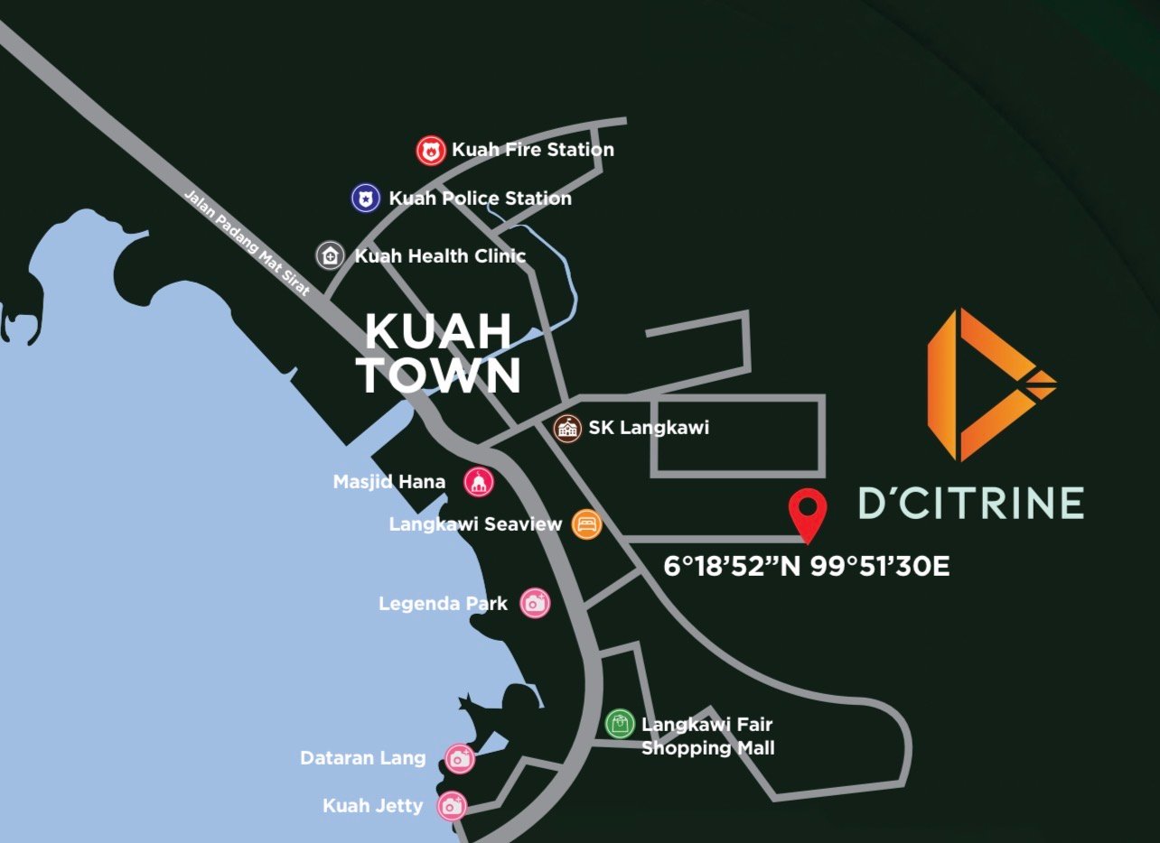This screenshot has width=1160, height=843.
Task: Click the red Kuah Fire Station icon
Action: pos(431,151)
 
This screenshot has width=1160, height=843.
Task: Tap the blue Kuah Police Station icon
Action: pos(365,199)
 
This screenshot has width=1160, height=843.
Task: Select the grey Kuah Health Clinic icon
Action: pos(331,255)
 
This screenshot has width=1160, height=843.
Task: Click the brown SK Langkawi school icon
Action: pos(567,428)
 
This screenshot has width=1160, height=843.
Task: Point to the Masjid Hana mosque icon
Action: pos(479,482)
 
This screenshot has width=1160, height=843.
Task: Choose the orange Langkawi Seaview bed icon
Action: pos(586,524)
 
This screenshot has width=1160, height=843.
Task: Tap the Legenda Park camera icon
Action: pos(536,603)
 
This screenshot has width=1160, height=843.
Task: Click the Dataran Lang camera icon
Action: pos(461,758)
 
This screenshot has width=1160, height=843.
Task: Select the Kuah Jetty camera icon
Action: pos(452,806)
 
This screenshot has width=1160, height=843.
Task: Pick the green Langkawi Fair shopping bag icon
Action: pos(620,724)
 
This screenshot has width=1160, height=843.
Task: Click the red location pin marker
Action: pos(807,513)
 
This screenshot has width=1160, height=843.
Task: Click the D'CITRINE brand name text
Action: pos(970,503)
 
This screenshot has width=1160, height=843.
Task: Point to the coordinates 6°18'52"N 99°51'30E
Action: pos(807,567)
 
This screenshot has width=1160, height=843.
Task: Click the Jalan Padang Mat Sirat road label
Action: pos(247,243)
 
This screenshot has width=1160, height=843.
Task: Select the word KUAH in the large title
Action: pos(438,332)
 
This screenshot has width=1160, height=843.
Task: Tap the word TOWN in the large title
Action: pos(439,375)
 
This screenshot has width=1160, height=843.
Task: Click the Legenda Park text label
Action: pos(443,604)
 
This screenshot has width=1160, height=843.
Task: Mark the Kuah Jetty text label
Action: pos(372,806)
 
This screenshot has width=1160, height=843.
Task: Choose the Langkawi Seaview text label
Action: pos(475,524)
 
